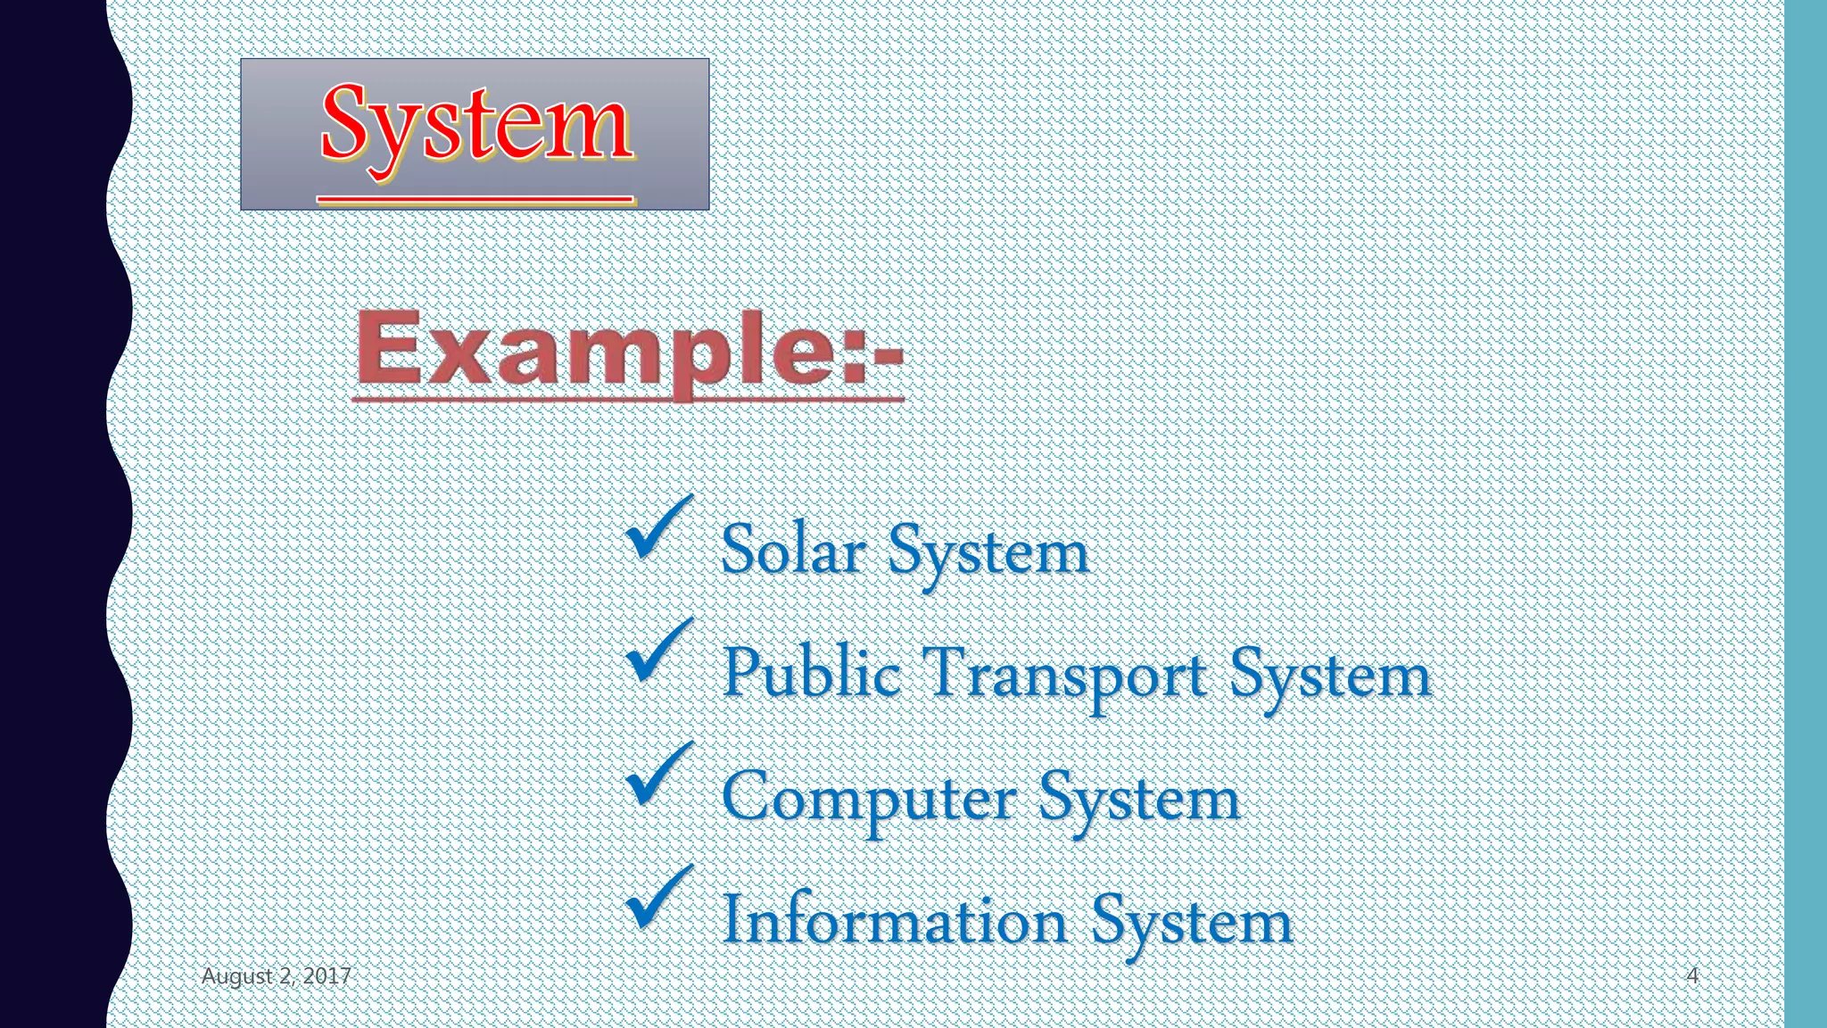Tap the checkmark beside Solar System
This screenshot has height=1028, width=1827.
657,527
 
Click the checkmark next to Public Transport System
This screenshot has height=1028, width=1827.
657,651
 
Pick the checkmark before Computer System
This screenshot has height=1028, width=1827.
657,775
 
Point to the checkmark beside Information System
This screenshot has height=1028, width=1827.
657,898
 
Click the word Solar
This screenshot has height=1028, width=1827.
793,550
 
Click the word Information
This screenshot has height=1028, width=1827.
895,919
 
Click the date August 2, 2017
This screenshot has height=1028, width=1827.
276,976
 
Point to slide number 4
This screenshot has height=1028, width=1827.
1691,975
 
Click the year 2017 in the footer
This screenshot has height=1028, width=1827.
327,976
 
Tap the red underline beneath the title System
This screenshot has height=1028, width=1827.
475,199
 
